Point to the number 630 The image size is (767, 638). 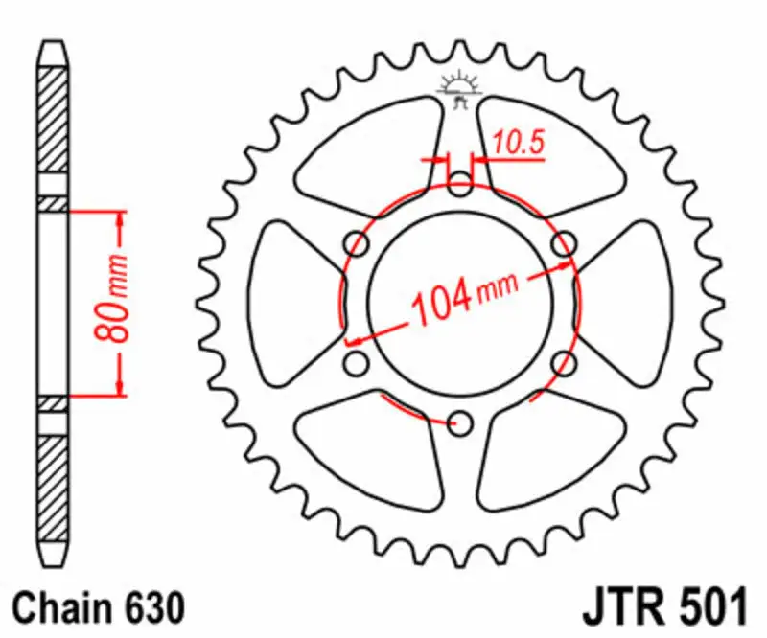pos(149,607)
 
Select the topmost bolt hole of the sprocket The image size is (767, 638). pos(460,182)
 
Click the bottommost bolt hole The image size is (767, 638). pos(460,422)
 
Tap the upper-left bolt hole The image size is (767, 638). pos(357,243)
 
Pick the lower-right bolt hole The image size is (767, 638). pos(565,363)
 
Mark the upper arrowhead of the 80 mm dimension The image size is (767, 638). pos(120,219)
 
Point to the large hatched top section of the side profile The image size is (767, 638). pos(53,125)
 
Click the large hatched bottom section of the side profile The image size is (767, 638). pos(53,489)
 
